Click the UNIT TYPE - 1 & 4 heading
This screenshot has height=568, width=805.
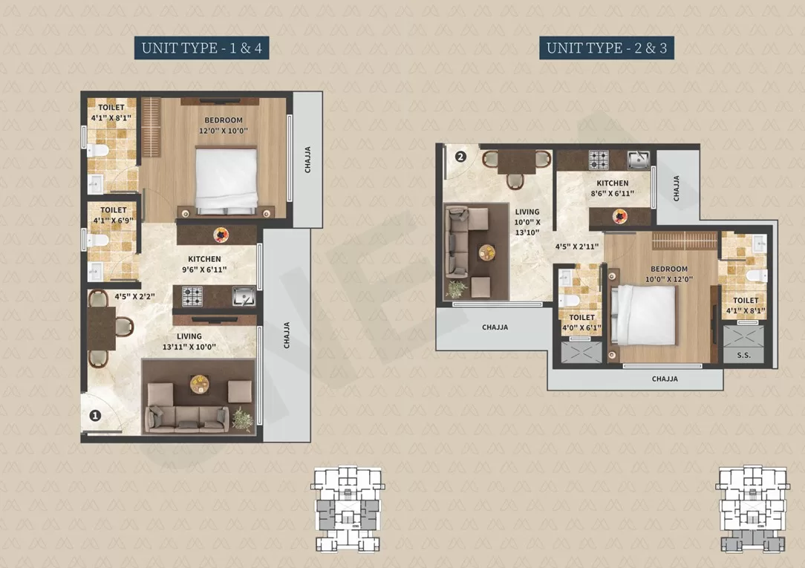coord(202,48)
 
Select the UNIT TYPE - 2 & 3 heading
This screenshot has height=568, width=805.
coord(606,48)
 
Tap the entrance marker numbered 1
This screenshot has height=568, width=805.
coord(95,415)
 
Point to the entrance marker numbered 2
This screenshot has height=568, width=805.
coord(460,157)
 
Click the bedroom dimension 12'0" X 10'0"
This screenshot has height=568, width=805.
coord(224,131)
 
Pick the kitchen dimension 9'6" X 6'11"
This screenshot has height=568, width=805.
coord(204,270)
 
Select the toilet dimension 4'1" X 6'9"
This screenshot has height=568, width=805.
coord(113,221)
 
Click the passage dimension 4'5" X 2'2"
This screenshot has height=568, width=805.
coord(134,296)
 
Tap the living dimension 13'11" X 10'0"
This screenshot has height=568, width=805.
coord(189,347)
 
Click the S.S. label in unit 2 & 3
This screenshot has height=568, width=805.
coord(743,355)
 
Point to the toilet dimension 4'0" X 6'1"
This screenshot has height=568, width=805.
coord(581,328)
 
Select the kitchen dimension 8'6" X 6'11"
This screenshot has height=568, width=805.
coord(613,194)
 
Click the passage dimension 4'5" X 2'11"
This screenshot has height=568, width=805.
coord(577,247)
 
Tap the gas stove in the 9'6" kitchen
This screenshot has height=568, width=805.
coord(192,296)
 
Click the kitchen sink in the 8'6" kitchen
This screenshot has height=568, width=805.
coord(638,160)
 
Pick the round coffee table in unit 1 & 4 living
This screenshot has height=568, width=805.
coord(199,384)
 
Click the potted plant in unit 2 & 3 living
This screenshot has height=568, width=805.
coord(457,290)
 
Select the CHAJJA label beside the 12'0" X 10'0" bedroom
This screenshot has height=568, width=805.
coord(307,160)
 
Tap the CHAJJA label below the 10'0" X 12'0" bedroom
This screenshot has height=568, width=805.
coord(665,379)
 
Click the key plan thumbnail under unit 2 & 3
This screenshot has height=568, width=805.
coord(752,509)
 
